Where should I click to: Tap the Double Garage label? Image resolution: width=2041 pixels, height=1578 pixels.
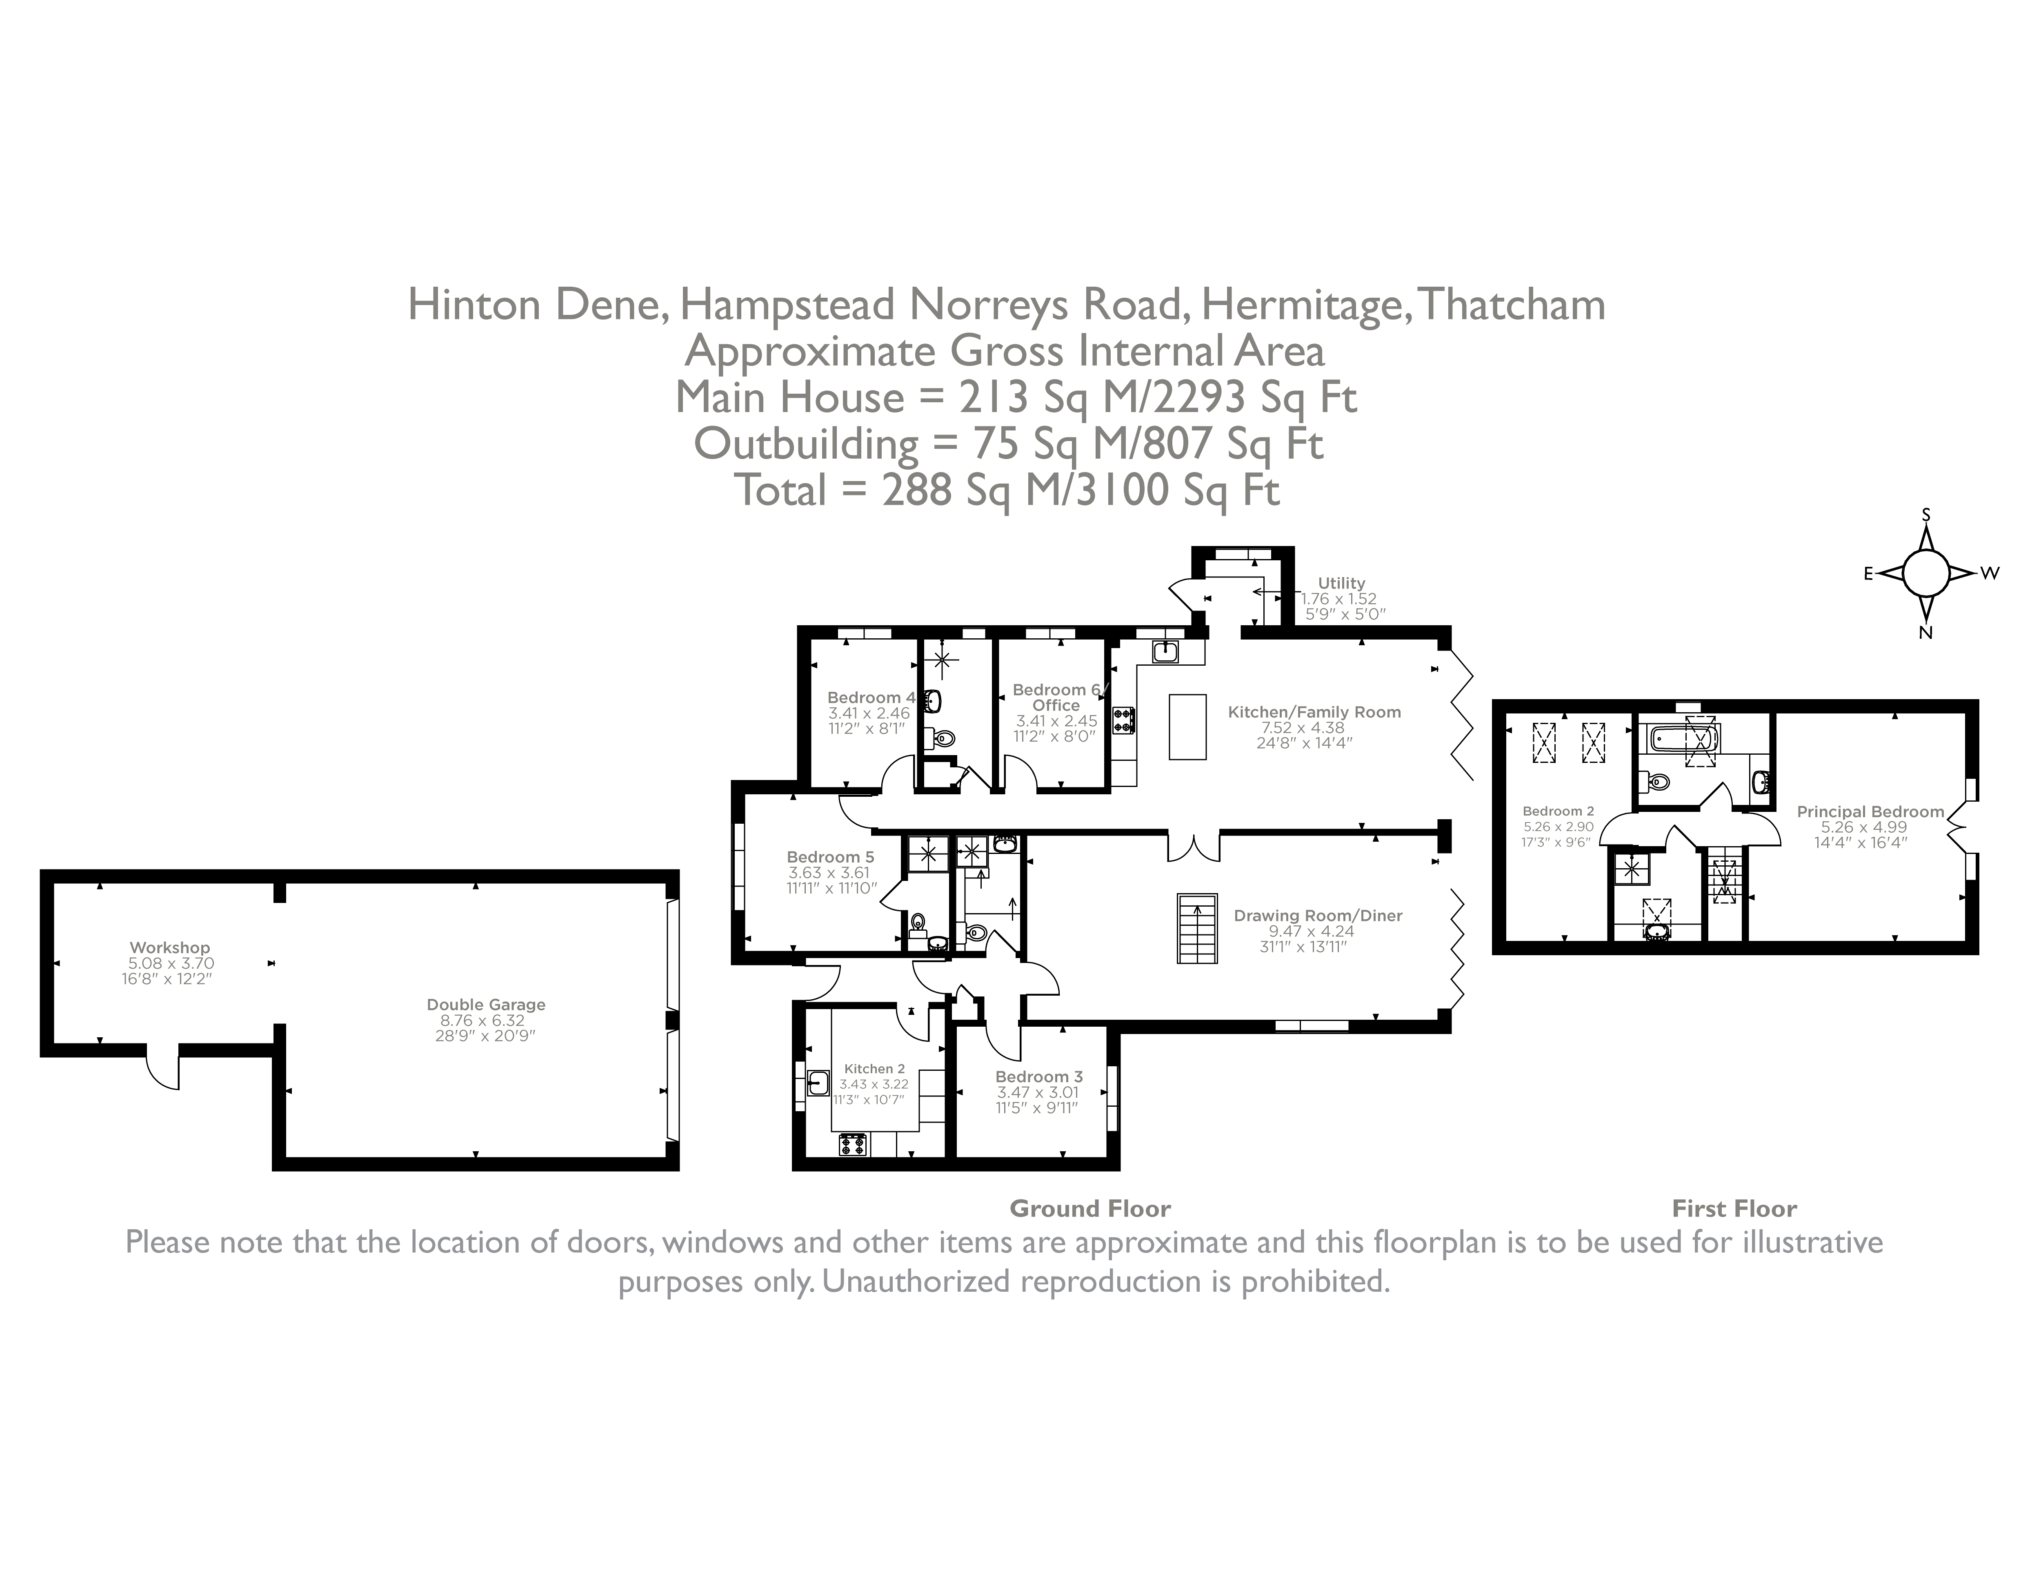(x=486, y=1005)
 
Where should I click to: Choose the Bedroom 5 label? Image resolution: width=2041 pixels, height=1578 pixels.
(x=830, y=856)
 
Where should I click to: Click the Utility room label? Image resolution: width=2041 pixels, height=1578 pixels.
(x=1341, y=582)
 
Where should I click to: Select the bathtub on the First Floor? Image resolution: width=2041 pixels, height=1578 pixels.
(x=1677, y=738)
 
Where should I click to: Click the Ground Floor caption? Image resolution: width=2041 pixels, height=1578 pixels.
(x=1089, y=1209)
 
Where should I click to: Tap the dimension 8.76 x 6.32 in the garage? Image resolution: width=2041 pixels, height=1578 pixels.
(x=486, y=1021)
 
